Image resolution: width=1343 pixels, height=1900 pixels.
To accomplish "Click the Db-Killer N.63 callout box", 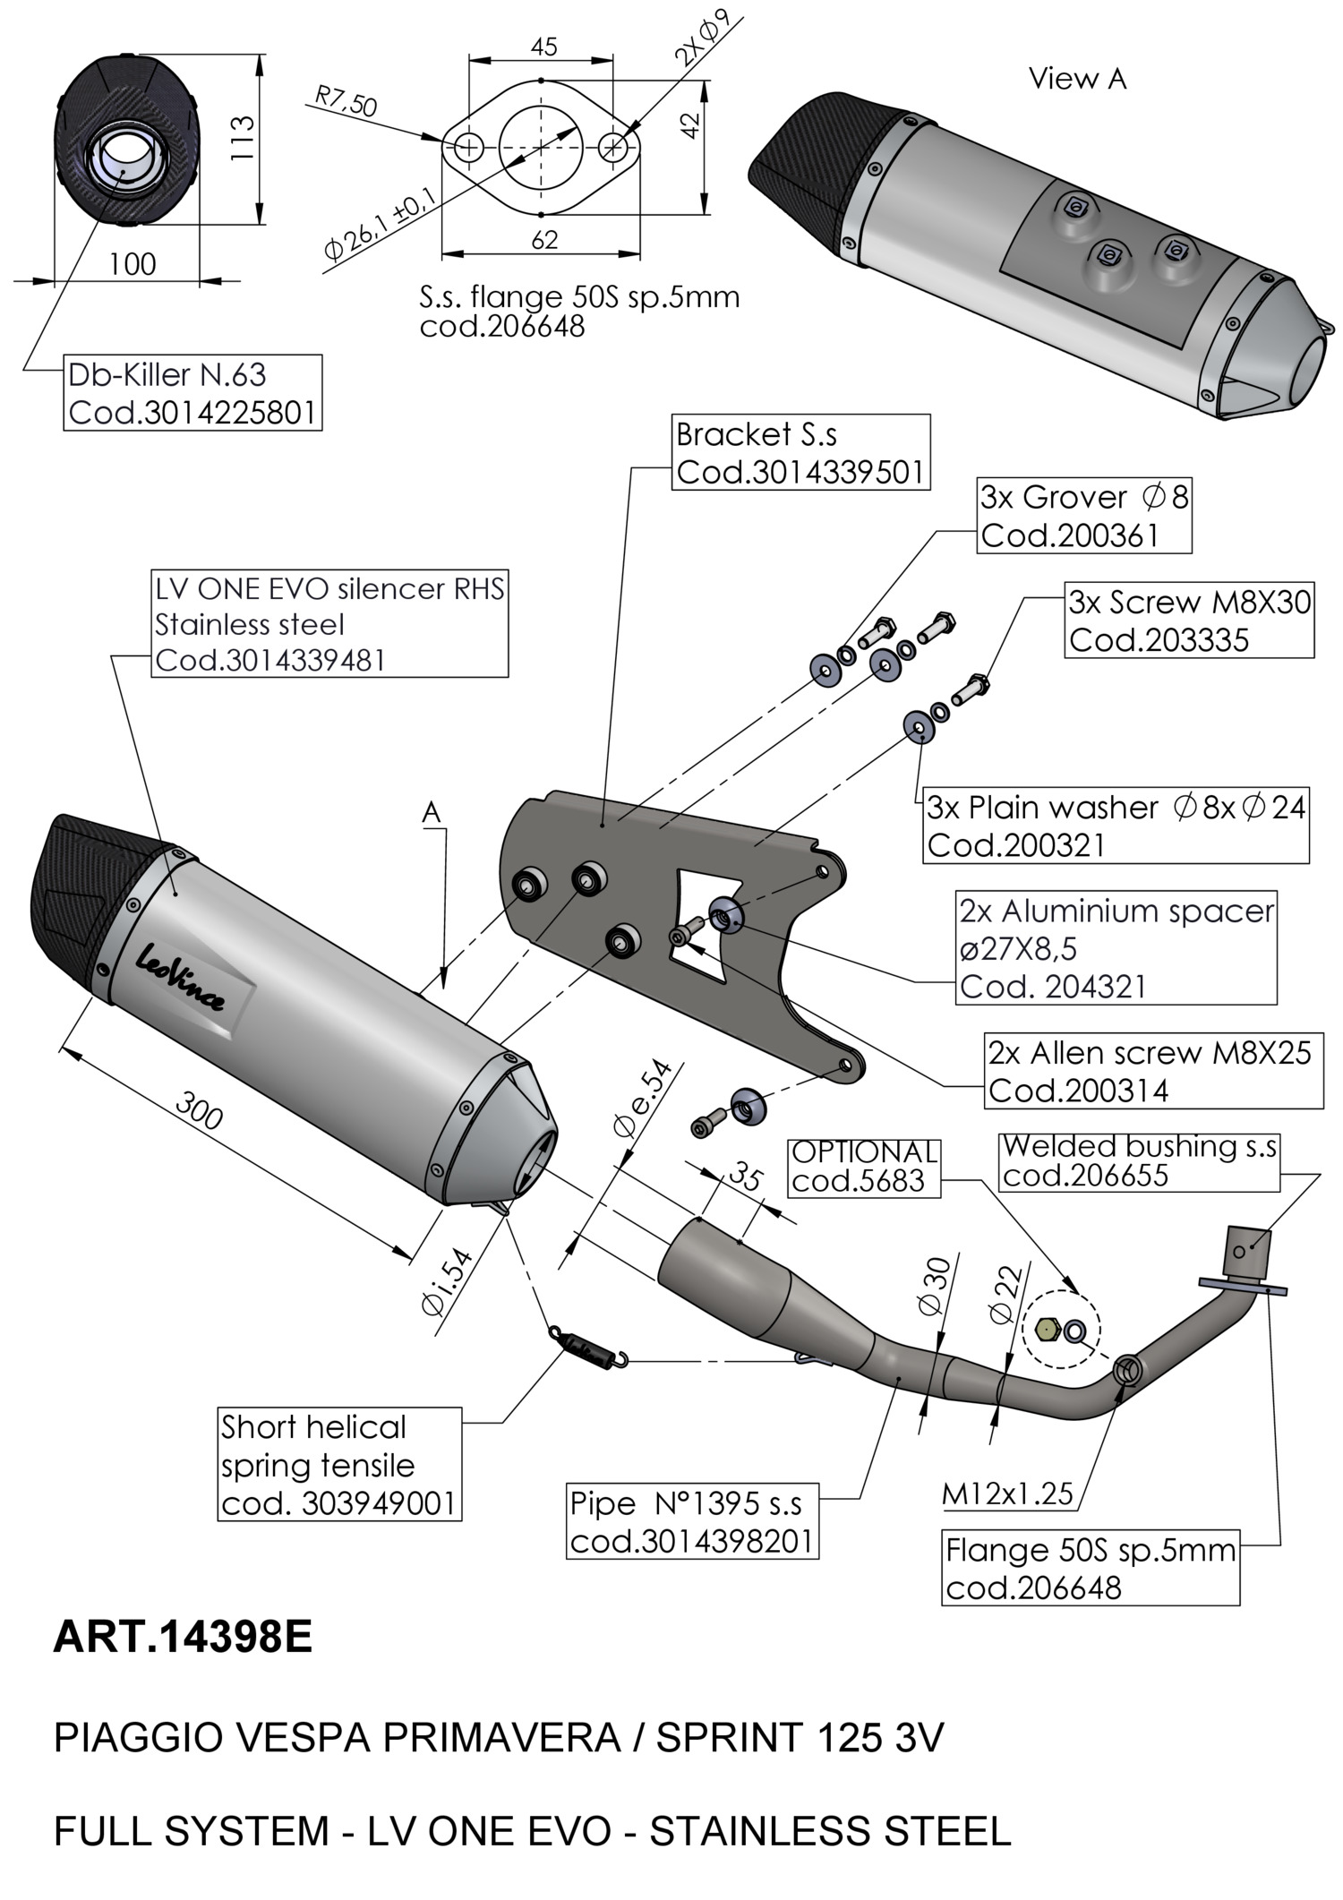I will pyautogui.click(x=192, y=393).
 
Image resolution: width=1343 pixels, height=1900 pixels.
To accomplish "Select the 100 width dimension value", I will pyautogui.click(x=133, y=264).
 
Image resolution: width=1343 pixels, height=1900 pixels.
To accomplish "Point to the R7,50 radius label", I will pyautogui.click(x=346, y=101).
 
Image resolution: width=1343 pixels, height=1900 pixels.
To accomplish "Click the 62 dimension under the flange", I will pyautogui.click(x=544, y=240).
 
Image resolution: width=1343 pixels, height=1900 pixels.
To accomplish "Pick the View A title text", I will pyautogui.click(x=1077, y=79).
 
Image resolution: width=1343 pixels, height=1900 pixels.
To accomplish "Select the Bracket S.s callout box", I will pyautogui.click(x=800, y=452).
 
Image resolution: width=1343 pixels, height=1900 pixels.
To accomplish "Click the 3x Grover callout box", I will pyautogui.click(x=1083, y=517).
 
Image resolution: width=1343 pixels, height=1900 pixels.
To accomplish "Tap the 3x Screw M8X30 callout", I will pyautogui.click(x=1189, y=620).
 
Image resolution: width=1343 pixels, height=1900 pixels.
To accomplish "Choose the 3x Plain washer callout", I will pyautogui.click(x=1116, y=826).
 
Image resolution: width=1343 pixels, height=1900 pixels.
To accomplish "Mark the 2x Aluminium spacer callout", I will pyautogui.click(x=1116, y=948).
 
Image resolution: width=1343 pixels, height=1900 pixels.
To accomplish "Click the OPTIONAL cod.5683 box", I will pyautogui.click(x=864, y=1167).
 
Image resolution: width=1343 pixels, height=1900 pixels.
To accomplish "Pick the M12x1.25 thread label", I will pyautogui.click(x=1007, y=1493).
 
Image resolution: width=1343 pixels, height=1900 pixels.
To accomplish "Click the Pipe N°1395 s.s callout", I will pyautogui.click(x=692, y=1521).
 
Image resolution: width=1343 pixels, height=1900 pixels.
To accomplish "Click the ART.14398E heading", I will pyautogui.click(x=183, y=1638).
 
